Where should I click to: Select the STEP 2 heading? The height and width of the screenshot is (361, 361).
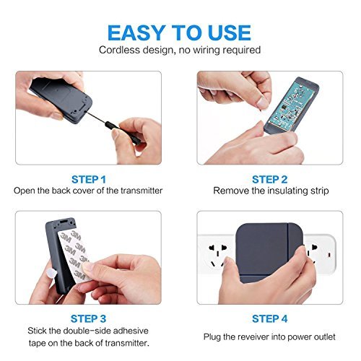[x=269, y=178]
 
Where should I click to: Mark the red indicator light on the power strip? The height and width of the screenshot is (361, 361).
[x=330, y=255]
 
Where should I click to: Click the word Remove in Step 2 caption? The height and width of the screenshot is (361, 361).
[x=230, y=191]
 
